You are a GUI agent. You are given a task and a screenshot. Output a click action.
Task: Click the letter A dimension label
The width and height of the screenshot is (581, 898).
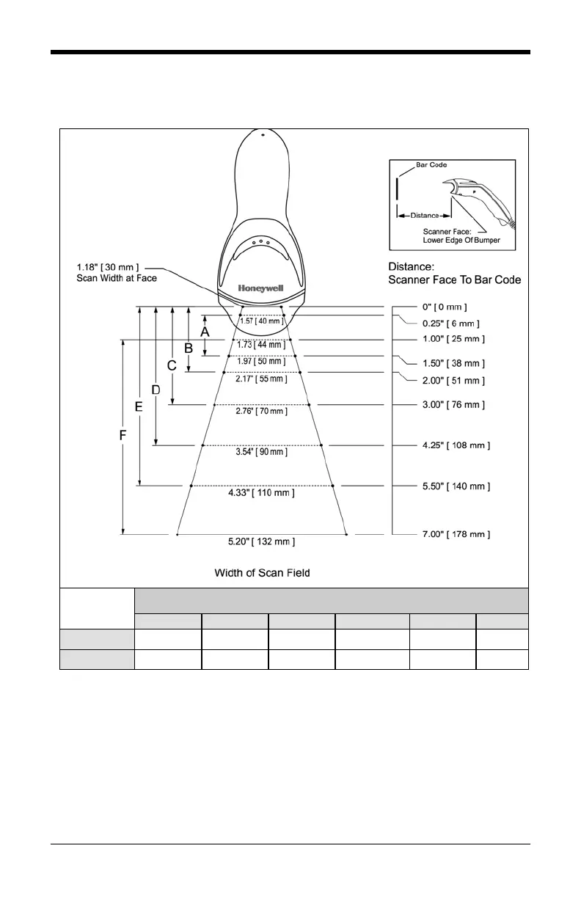point(205,332)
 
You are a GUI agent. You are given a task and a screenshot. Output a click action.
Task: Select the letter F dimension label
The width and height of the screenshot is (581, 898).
point(123,436)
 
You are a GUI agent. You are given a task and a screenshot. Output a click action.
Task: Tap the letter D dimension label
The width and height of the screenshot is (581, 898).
point(156,390)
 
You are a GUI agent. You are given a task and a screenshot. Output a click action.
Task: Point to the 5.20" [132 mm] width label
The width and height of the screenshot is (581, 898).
point(261,542)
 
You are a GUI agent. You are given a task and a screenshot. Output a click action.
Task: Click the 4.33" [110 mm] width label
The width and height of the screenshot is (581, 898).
point(261,493)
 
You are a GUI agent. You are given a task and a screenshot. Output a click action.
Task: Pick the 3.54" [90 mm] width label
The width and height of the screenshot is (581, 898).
point(261,452)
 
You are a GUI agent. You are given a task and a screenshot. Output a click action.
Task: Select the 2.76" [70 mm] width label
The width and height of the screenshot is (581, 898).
point(261,411)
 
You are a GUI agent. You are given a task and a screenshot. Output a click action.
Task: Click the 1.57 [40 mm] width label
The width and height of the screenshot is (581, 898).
point(261,321)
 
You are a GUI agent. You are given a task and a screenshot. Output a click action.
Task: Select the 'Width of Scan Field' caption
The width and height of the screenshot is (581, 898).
point(262,572)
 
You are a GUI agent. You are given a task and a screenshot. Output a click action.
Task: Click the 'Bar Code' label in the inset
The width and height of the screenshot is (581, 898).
point(431,165)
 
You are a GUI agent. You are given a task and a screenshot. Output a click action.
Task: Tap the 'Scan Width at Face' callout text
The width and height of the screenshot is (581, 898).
point(117,278)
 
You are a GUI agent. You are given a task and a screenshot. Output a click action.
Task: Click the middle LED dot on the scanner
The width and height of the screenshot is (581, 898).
point(261,241)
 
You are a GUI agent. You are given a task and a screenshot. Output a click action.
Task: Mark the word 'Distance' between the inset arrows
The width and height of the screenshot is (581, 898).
point(425,216)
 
